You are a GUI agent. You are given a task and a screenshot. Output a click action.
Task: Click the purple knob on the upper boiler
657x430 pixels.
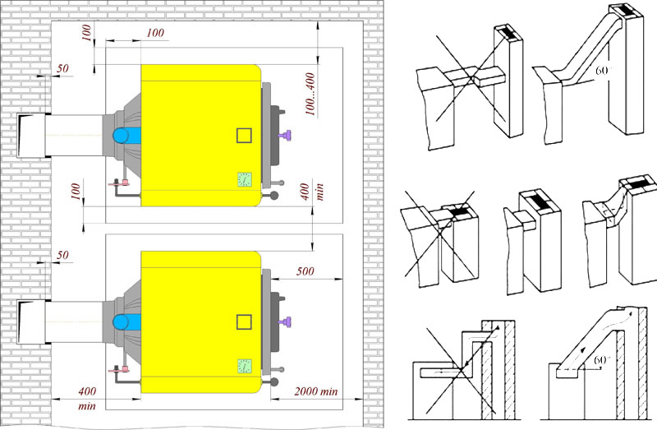(x=286, y=136)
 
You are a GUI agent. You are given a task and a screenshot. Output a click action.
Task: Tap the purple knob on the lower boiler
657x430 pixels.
(x=286, y=322)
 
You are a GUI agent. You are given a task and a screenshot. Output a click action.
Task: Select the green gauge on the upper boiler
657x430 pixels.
(x=244, y=179)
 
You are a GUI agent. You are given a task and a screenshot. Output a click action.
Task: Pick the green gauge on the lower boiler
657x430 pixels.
(x=244, y=366)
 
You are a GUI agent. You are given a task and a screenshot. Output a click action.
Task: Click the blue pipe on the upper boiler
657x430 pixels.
(x=126, y=136)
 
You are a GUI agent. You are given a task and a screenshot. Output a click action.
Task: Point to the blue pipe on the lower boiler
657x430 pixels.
(x=126, y=322)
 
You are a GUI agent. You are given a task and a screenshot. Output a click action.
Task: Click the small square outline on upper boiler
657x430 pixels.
(x=244, y=136)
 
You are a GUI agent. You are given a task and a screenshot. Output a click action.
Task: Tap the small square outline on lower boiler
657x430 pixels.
(x=244, y=322)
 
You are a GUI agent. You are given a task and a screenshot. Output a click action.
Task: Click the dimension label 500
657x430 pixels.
(x=305, y=271)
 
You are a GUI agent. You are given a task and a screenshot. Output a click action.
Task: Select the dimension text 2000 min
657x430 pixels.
(x=316, y=392)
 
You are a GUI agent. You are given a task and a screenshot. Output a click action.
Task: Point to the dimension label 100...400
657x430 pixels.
(x=310, y=95)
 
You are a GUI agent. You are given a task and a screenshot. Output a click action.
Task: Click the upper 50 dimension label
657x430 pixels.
(x=62, y=68)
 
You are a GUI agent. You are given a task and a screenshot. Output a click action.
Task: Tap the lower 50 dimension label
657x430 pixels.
(x=62, y=255)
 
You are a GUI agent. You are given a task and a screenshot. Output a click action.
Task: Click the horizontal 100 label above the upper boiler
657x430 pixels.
(x=155, y=33)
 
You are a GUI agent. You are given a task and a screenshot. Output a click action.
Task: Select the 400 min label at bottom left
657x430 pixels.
(x=87, y=399)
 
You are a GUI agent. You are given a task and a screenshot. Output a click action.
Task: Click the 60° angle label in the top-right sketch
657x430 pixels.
(x=603, y=70)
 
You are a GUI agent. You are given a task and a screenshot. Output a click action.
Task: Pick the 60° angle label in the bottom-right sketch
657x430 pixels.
(x=602, y=360)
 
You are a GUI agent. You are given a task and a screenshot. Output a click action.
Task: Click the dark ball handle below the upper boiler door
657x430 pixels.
(x=274, y=196)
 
